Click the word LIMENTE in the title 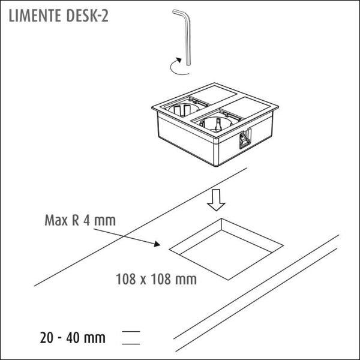(x=35, y=16)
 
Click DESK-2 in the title (x=87, y=16)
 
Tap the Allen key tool (x=187, y=37)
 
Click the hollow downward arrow (x=216, y=200)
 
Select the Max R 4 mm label (x=80, y=220)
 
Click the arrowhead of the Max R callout (x=157, y=244)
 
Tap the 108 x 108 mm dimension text (x=156, y=279)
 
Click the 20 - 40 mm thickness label (x=73, y=338)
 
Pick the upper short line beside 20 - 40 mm (x=131, y=332)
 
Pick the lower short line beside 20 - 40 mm (x=131, y=344)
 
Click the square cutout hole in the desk (x=226, y=249)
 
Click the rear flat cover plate (x=214, y=94)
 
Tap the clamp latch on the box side (x=245, y=139)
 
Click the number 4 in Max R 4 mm (x=86, y=220)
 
